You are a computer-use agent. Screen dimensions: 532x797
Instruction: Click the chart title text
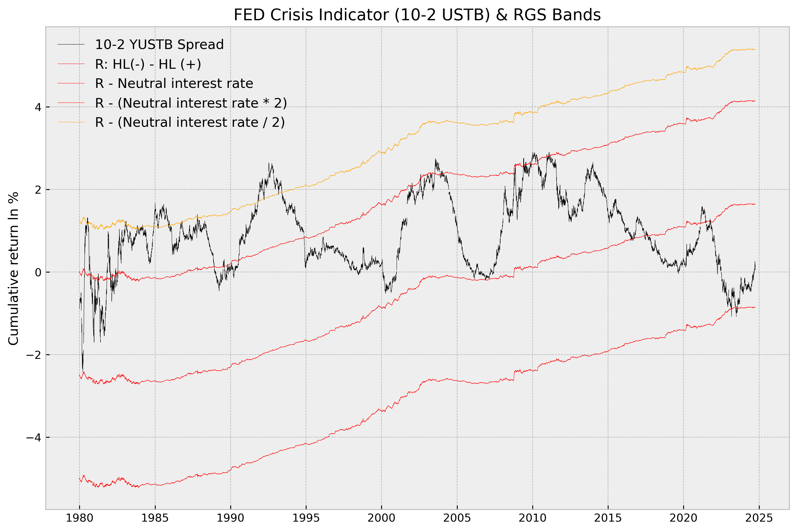tap(417, 15)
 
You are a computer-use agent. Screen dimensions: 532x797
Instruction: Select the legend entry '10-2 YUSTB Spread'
tap(159, 44)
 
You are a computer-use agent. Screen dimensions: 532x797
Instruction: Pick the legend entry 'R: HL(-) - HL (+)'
tap(148, 64)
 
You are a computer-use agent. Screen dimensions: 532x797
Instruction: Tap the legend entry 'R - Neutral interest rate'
tap(174, 83)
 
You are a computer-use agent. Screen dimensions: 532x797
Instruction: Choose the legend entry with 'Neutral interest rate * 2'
tap(191, 103)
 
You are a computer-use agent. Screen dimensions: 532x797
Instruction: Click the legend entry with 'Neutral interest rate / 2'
tap(190, 122)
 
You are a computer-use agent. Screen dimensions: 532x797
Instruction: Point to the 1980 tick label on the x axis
tap(79, 518)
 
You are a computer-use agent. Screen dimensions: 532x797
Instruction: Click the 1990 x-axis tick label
tap(231, 518)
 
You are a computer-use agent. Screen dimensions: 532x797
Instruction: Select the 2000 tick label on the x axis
tap(381, 518)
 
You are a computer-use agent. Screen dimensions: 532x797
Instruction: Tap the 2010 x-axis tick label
tap(532, 518)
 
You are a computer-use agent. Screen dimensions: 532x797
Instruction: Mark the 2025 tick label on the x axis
tap(759, 518)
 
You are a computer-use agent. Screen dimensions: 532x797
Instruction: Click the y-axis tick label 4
tap(38, 107)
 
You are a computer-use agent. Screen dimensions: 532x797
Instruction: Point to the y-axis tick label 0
tap(38, 272)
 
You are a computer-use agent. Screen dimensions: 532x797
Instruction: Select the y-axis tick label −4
tap(34, 437)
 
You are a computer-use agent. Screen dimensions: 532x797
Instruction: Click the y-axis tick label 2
tap(38, 190)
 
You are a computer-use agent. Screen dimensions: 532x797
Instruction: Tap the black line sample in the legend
tap(71, 44)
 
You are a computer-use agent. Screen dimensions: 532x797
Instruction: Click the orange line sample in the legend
tap(71, 122)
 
